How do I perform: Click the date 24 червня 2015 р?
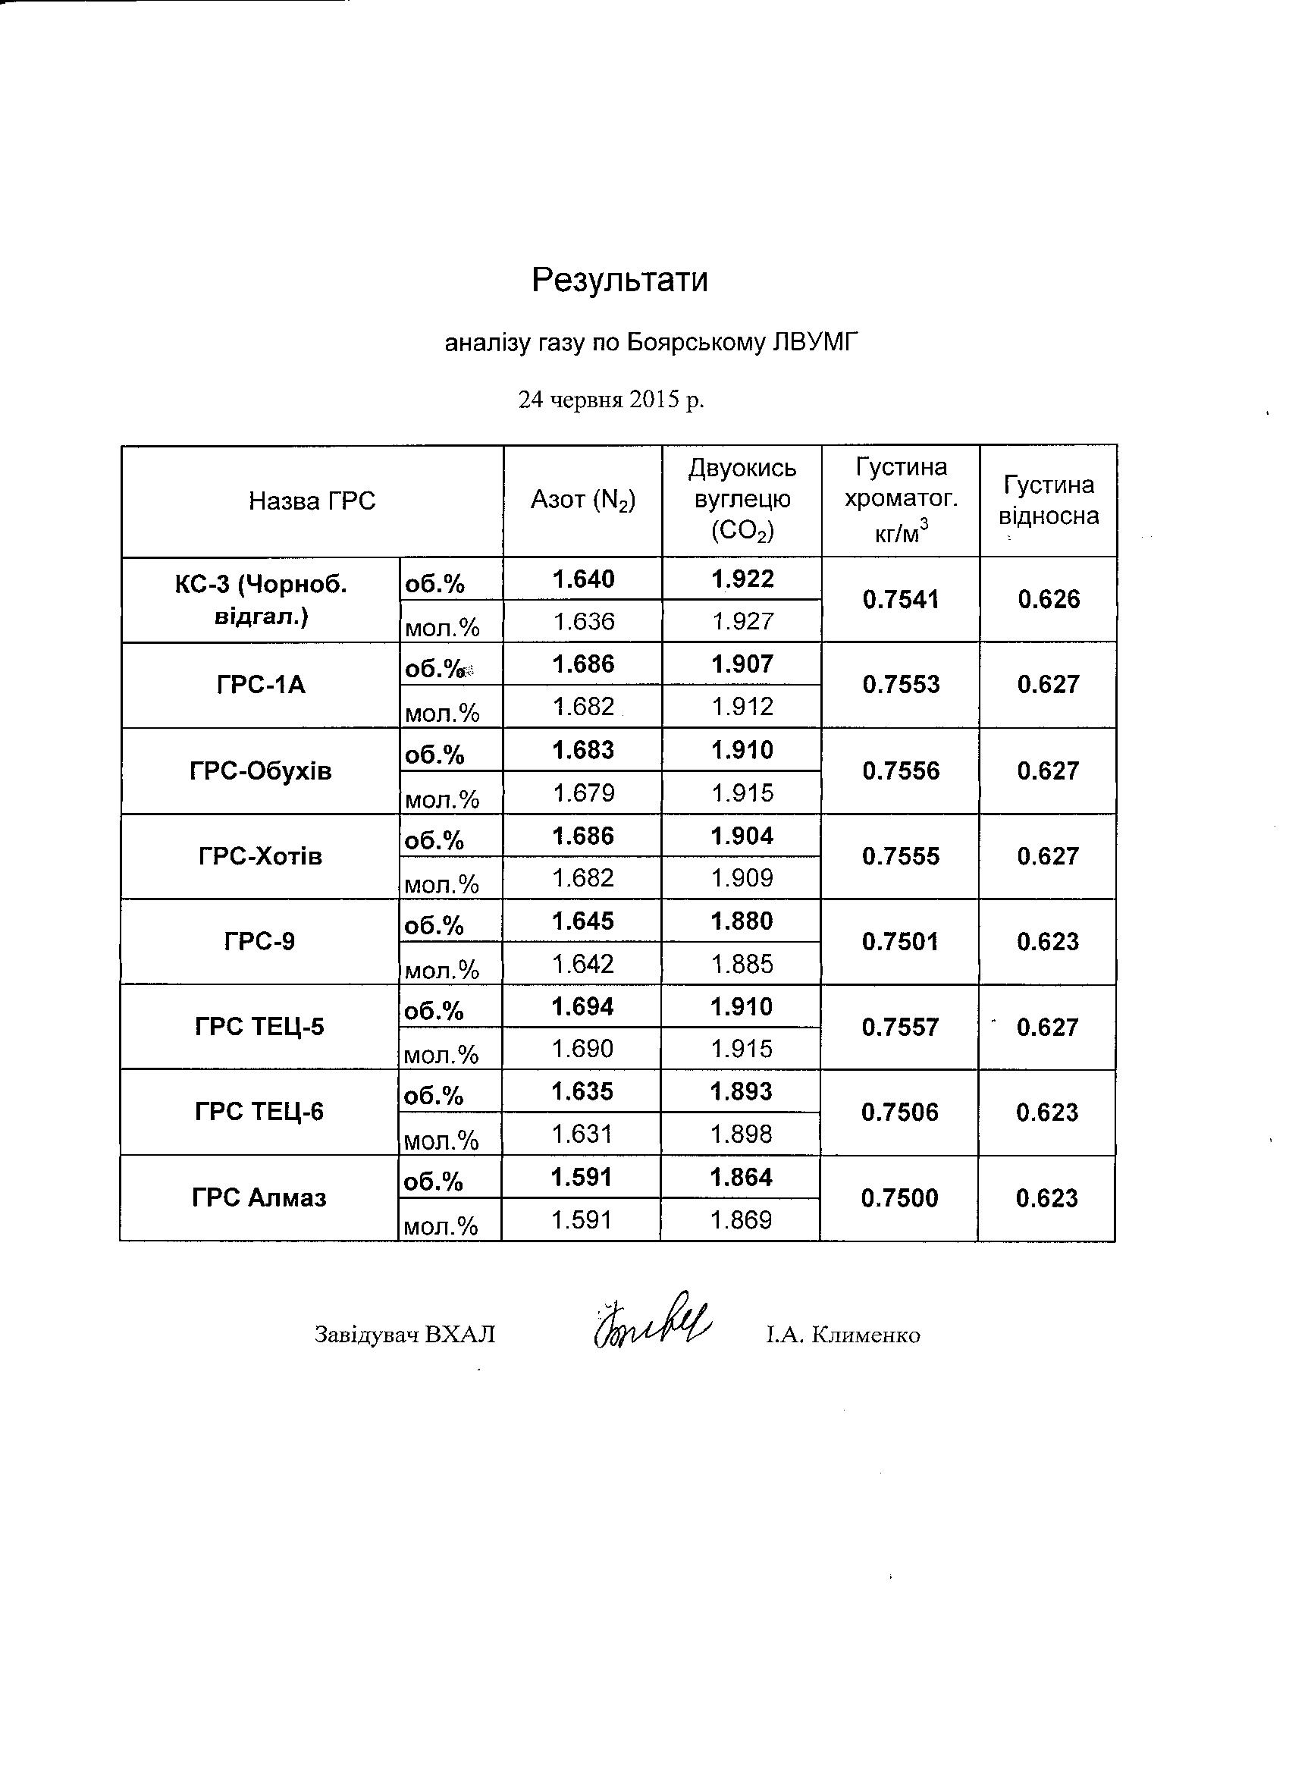click(x=611, y=400)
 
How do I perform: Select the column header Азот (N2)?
click(x=583, y=501)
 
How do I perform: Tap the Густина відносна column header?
click(x=1048, y=501)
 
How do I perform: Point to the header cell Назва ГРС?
click(x=312, y=501)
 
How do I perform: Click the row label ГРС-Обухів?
click(x=260, y=771)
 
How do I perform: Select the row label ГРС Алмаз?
click(x=259, y=1198)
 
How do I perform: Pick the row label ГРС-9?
click(x=259, y=941)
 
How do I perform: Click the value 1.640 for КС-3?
click(x=583, y=579)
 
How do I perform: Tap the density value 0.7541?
click(x=901, y=600)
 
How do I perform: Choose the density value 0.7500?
click(x=900, y=1198)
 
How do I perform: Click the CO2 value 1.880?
click(x=742, y=921)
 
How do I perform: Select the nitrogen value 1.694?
click(x=582, y=1007)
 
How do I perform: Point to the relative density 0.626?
click(x=1048, y=600)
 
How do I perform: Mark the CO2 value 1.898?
click(x=741, y=1134)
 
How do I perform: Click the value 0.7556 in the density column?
click(x=901, y=771)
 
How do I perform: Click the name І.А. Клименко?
click(x=842, y=1335)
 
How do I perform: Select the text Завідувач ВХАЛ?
click(x=405, y=1335)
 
